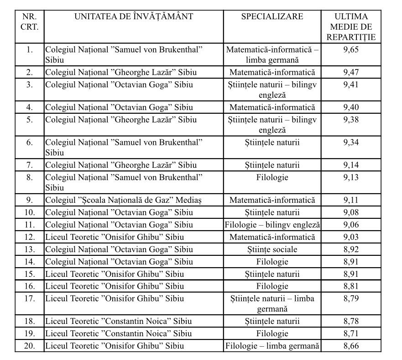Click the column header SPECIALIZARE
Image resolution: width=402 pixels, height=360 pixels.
(272, 17)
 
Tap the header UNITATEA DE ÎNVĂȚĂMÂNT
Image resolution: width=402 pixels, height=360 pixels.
(134, 17)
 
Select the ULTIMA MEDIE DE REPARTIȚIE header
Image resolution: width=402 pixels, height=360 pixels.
(351, 27)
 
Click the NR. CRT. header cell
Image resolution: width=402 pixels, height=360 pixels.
(30, 22)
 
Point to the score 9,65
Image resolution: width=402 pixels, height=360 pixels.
(351, 49)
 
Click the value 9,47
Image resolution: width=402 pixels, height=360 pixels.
(351, 72)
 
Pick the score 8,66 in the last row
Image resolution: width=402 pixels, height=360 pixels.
(351, 345)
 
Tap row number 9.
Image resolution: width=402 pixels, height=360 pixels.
(30, 200)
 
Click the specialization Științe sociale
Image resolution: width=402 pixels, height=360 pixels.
(272, 249)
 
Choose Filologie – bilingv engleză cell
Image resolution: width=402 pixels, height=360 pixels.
(272, 225)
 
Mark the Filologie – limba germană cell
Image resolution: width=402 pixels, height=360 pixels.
(272, 345)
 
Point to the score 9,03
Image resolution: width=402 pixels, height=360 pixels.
(351, 237)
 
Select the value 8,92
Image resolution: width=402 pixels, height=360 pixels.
(351, 249)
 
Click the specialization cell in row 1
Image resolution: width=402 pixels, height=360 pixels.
(272, 54)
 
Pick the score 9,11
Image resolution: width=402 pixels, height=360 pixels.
(351, 200)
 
